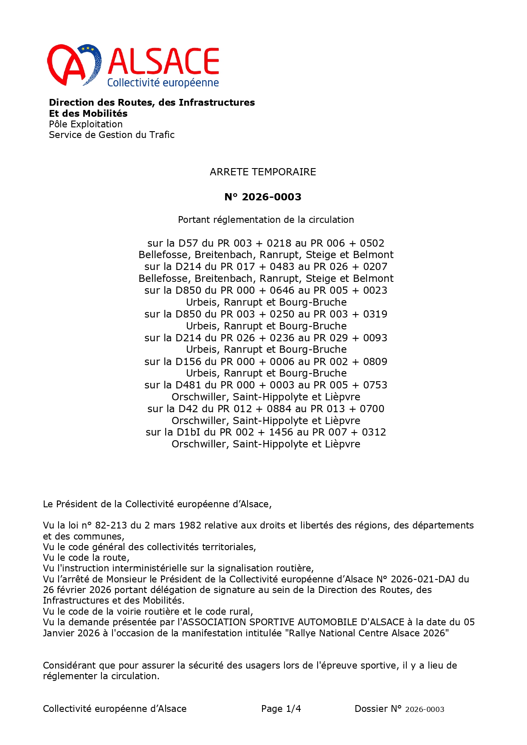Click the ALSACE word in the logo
(x=163, y=61)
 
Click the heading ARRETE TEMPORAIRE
(x=263, y=172)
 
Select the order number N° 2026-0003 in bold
(x=263, y=197)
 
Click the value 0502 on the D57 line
(x=372, y=243)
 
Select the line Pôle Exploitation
(x=86, y=124)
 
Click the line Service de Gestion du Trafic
(x=112, y=135)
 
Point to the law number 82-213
(x=111, y=525)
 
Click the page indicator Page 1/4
(x=281, y=708)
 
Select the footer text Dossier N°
(x=378, y=708)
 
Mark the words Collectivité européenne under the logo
(x=163, y=83)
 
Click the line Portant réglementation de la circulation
(x=266, y=219)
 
